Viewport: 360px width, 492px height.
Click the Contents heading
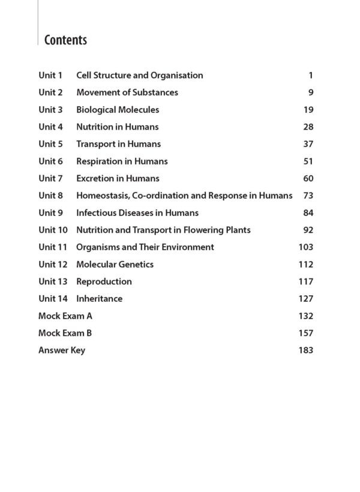tap(65, 40)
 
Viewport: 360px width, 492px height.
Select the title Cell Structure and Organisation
tap(139, 76)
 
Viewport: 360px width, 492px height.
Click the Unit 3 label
tap(50, 110)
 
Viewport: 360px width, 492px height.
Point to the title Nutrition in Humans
tap(117, 127)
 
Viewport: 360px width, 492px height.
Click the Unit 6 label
tap(50, 161)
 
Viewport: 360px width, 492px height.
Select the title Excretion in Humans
tap(118, 178)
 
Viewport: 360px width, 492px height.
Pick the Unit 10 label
tap(53, 230)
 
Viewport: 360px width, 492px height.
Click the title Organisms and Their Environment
tap(145, 247)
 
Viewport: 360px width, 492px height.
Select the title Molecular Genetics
tap(115, 265)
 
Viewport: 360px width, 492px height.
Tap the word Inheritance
tap(99, 299)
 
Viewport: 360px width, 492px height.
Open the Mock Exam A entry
tap(65, 316)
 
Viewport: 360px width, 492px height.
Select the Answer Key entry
tap(62, 350)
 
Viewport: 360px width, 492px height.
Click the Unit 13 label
tap(53, 281)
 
